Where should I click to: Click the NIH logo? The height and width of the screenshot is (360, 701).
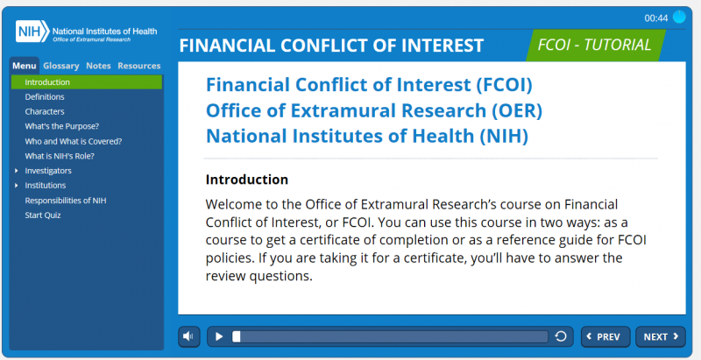click(x=32, y=32)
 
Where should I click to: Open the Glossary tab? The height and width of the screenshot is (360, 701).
click(x=61, y=66)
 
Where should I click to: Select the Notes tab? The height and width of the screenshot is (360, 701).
click(x=98, y=66)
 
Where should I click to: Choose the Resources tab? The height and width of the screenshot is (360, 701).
click(x=139, y=66)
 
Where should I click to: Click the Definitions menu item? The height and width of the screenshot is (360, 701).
click(x=45, y=97)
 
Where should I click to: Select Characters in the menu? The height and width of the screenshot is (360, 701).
click(x=45, y=111)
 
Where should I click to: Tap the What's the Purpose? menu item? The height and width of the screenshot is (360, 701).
click(x=61, y=126)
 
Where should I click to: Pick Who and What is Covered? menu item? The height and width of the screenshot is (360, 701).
click(x=74, y=141)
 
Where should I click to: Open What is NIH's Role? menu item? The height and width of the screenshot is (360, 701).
click(x=60, y=156)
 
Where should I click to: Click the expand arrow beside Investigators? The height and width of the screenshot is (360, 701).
click(x=17, y=171)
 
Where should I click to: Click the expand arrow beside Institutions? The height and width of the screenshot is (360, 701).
click(x=17, y=186)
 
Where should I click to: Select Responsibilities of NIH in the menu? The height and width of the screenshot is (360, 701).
click(x=66, y=201)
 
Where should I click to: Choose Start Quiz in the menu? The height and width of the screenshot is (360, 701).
click(x=43, y=215)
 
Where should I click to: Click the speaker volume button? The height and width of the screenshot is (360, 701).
click(x=189, y=336)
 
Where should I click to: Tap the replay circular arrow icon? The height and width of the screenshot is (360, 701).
click(x=561, y=336)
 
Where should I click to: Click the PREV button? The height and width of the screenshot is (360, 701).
click(x=605, y=336)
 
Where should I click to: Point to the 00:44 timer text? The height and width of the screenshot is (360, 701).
click(x=655, y=18)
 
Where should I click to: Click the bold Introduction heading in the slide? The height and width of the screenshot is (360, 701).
click(x=247, y=180)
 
